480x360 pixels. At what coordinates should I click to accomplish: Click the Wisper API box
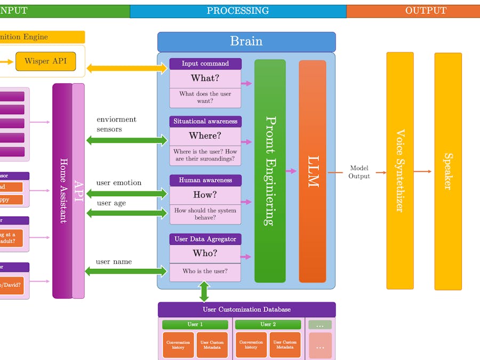click(x=45, y=61)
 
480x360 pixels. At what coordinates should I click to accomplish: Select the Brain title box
click(x=246, y=42)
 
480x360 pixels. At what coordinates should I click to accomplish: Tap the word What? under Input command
click(x=205, y=78)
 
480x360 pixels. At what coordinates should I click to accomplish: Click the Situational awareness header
click(x=205, y=122)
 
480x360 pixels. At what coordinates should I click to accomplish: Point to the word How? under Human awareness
click(x=205, y=195)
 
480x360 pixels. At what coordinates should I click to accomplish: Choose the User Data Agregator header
click(x=205, y=239)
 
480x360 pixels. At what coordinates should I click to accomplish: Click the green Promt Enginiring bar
click(x=270, y=171)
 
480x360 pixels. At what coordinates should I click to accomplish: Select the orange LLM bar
click(x=313, y=171)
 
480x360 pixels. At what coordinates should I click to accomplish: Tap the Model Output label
click(x=359, y=172)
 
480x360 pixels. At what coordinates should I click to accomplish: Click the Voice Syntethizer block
click(x=399, y=171)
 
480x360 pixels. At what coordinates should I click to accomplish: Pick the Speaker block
click(x=448, y=171)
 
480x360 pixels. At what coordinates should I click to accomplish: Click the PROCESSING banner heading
click(x=238, y=11)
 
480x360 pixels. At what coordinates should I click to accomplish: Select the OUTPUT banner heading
click(x=426, y=11)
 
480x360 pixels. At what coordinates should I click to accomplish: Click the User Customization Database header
click(x=246, y=309)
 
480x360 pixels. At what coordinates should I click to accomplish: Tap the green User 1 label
click(x=195, y=324)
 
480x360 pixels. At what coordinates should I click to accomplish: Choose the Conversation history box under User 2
click(x=251, y=345)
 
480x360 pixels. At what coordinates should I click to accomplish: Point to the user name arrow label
click(x=114, y=262)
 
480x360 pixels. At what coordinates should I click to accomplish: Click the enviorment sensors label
click(x=116, y=124)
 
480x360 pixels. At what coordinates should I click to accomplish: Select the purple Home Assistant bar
click(x=62, y=190)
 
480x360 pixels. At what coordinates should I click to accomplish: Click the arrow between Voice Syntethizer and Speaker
click(x=423, y=171)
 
